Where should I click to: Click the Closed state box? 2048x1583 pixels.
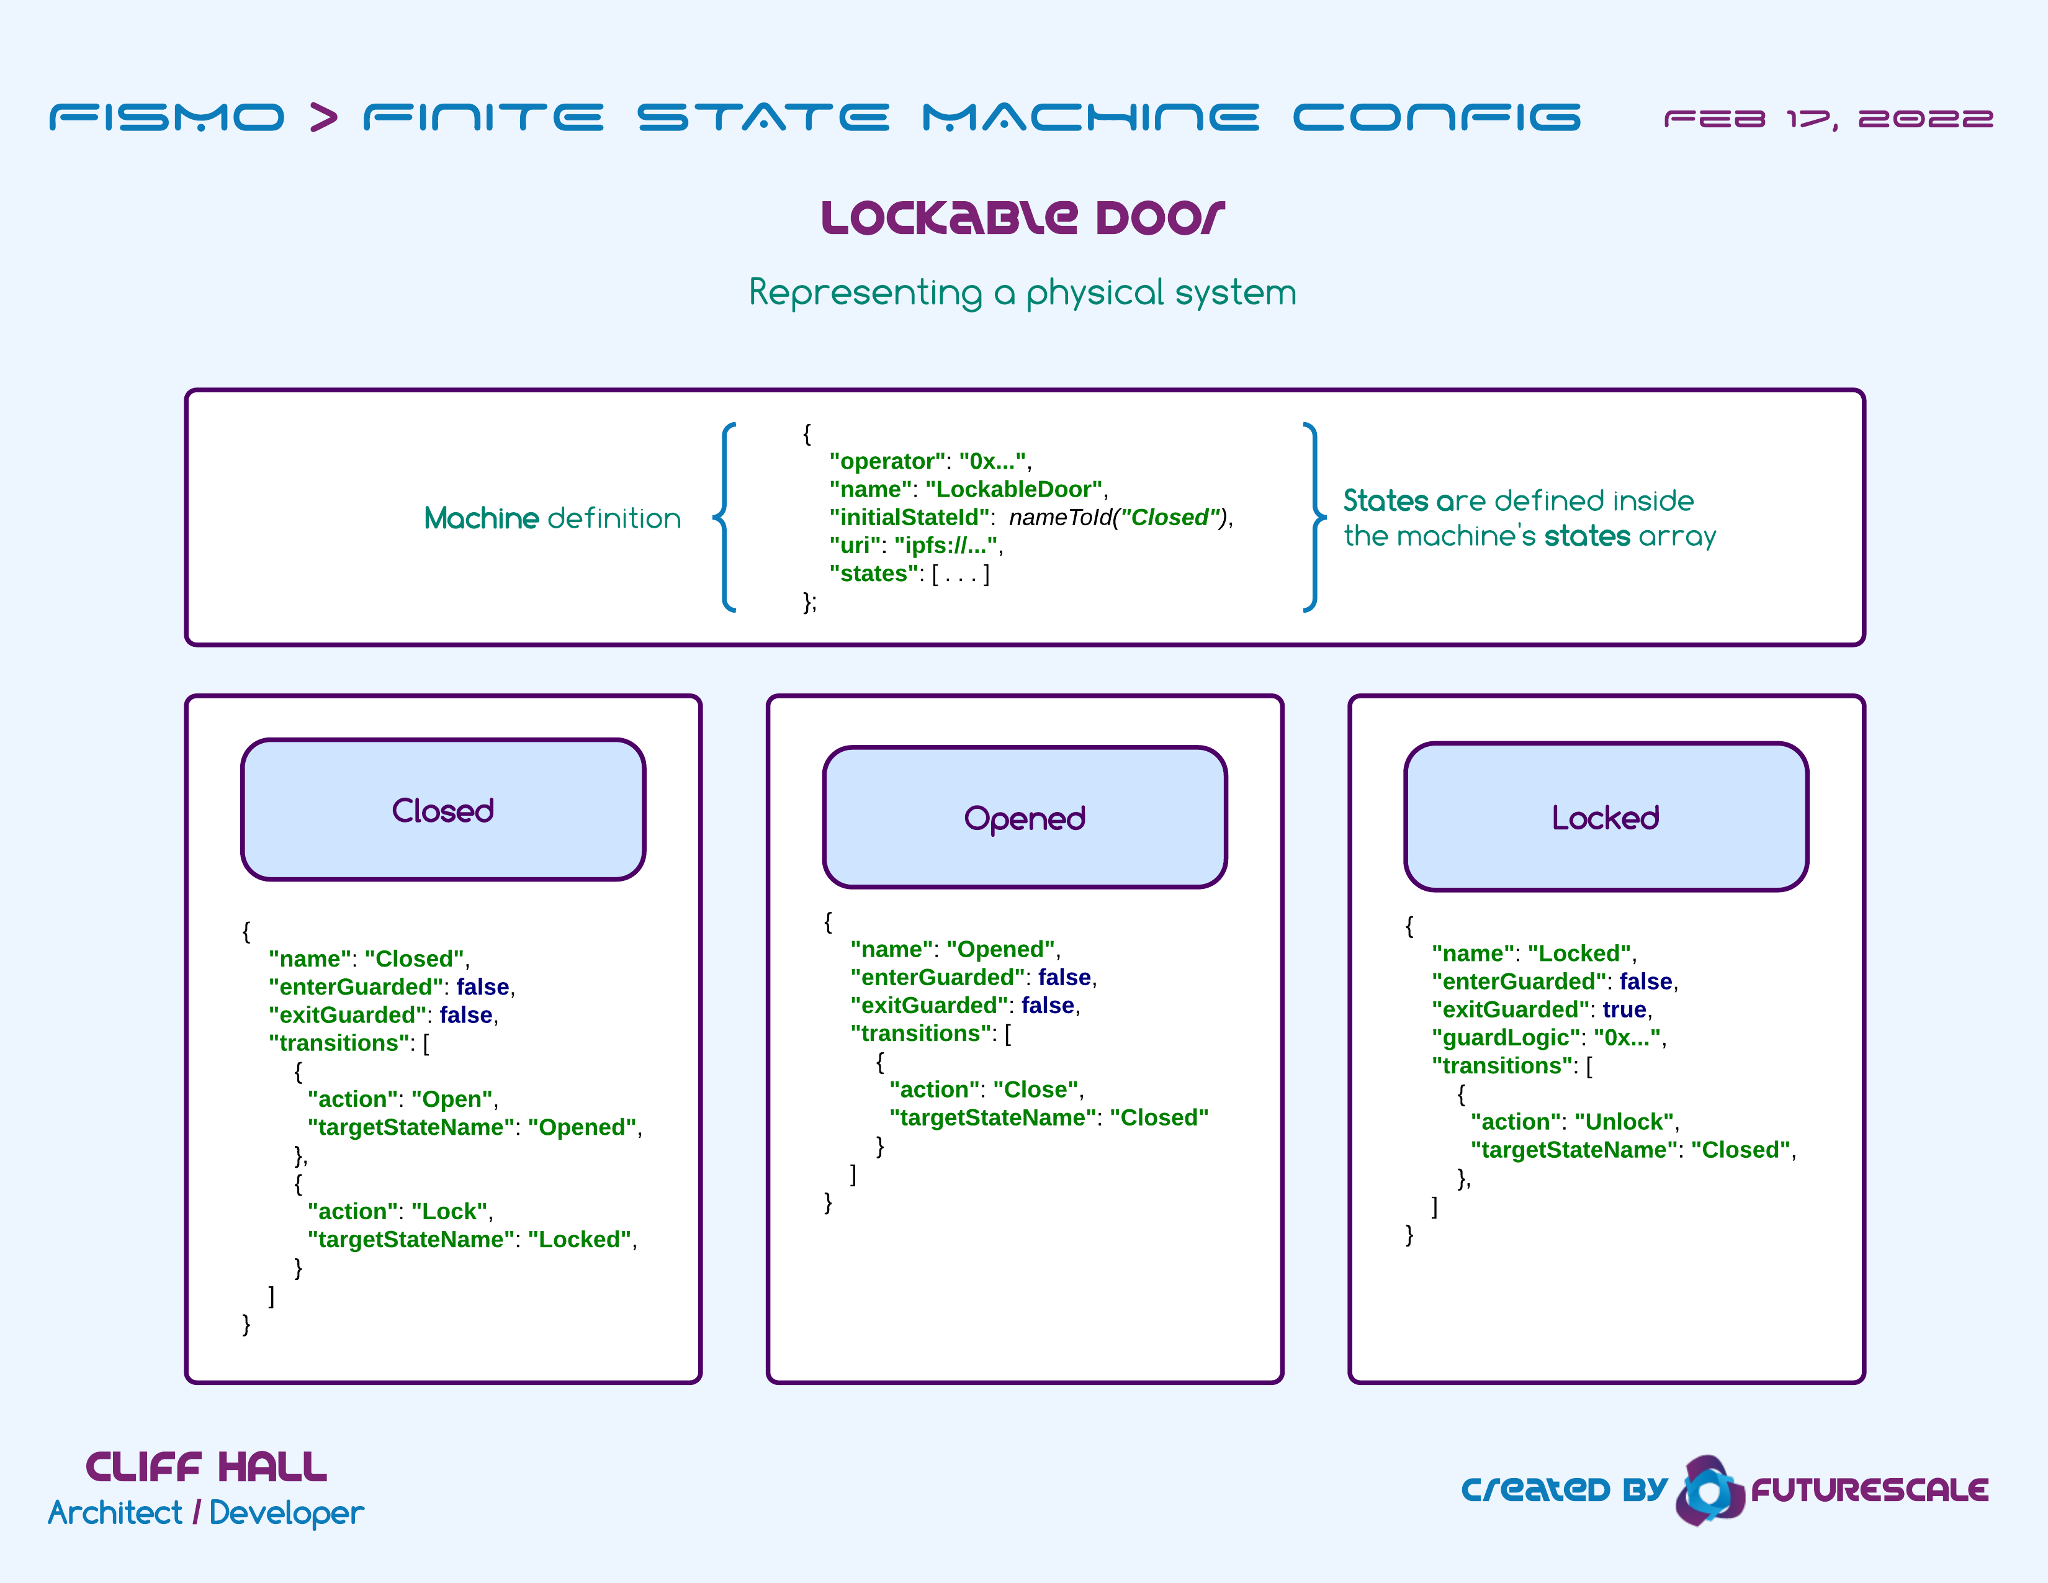click(442, 810)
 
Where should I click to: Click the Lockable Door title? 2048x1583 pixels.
click(1023, 217)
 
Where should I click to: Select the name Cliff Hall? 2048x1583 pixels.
click(206, 1468)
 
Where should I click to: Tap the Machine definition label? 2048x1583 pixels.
click(552, 518)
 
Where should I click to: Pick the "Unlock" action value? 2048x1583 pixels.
click(1624, 1122)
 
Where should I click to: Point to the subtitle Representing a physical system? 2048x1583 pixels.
click(1023, 292)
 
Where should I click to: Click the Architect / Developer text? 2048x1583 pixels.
click(206, 1513)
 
